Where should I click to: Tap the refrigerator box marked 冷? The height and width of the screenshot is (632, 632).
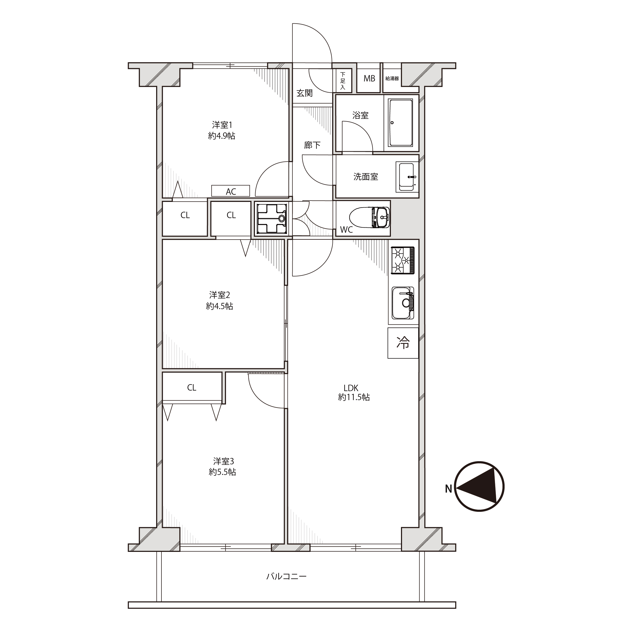(403, 343)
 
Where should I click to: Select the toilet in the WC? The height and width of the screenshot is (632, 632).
(369, 218)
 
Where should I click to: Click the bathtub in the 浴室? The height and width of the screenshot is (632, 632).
(400, 123)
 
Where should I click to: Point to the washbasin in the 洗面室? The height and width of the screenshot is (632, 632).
(407, 177)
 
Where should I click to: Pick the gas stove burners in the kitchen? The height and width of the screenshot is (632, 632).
(403, 260)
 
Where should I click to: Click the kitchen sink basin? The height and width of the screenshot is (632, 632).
(403, 303)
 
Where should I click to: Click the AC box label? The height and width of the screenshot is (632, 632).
(231, 191)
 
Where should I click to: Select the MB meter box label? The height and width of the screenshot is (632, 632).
(369, 79)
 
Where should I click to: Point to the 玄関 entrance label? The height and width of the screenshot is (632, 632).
(305, 93)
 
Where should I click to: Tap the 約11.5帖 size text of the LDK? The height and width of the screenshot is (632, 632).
(354, 397)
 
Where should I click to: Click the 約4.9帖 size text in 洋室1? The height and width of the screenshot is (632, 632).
(222, 136)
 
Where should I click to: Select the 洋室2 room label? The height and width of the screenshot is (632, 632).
(220, 295)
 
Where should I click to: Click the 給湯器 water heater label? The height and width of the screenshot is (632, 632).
(392, 79)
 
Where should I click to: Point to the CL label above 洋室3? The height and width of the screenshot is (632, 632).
(191, 388)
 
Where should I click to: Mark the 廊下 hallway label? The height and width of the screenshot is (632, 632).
(312, 145)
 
